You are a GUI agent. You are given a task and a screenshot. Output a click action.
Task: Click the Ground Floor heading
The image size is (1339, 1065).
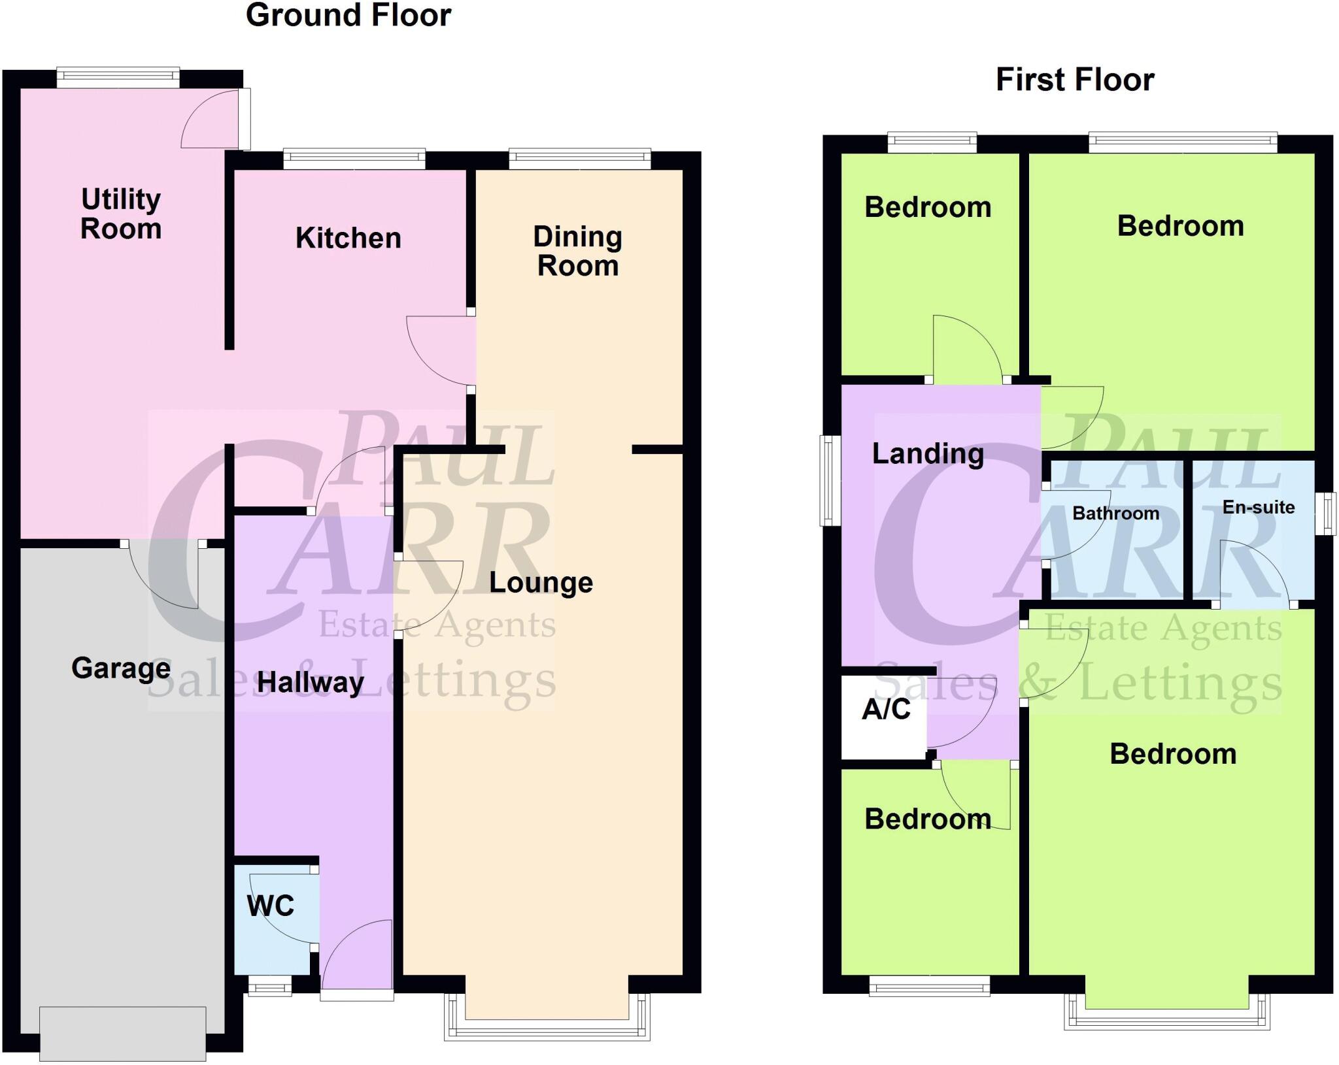coord(348,16)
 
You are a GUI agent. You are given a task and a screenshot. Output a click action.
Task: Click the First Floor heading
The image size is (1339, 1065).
coord(1074,80)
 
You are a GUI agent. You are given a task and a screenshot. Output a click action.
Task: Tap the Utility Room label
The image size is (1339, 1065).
coord(121,214)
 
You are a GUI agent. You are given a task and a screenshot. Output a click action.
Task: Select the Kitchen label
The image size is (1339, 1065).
coord(348,238)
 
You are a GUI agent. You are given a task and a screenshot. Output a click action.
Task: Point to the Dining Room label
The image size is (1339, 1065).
coord(577,251)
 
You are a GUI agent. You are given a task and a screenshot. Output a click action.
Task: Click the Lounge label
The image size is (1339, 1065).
coord(541,582)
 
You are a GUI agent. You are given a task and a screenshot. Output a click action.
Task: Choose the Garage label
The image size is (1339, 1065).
coord(121,668)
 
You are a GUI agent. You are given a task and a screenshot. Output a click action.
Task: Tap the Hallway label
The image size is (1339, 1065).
coord(310,682)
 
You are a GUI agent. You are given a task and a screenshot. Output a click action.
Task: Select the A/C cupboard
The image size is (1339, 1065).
coord(885,710)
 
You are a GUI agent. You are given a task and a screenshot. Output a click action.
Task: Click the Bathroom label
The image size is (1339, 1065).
coord(1115,514)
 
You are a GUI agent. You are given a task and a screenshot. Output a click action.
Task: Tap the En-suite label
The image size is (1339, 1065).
coord(1258,507)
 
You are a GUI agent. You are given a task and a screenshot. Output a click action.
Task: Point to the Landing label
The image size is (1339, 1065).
coord(927,453)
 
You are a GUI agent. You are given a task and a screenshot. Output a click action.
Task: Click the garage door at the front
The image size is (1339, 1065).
coord(122,1033)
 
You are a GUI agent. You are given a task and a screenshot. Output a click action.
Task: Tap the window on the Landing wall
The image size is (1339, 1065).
coord(830,481)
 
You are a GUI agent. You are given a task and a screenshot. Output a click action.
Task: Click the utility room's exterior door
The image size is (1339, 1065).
coord(244,119)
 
